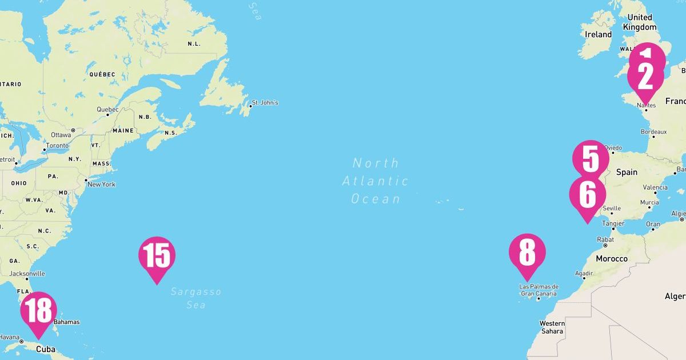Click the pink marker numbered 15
coord(157,256)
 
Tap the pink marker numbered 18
coord(38,311)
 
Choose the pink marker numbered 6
coord(587,195)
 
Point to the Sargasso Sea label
coord(196,298)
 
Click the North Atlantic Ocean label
coord(376,181)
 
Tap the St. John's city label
coord(265,103)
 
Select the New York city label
coord(101,184)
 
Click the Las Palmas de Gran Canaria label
coord(539,290)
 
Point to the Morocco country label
coord(612,259)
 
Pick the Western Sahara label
coord(552,327)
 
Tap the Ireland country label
coord(599,34)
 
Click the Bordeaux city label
coord(653,131)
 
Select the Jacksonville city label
coord(27,274)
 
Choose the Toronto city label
coord(57,146)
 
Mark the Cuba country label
coord(46,349)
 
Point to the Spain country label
coord(627,172)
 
